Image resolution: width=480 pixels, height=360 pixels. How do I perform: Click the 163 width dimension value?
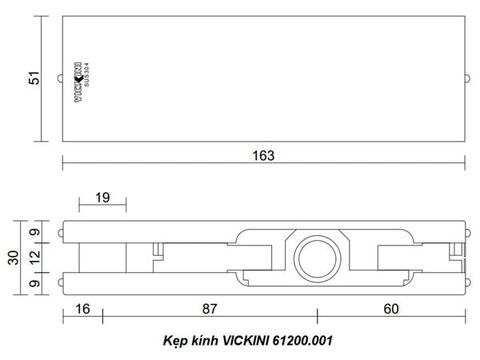(263, 156)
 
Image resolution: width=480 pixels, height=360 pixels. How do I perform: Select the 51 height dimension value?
(34, 78)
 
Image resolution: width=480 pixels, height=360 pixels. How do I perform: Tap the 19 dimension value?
(102, 198)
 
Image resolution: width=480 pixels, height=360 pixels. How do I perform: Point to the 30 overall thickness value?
(13, 258)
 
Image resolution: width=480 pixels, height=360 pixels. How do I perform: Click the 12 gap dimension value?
(35, 258)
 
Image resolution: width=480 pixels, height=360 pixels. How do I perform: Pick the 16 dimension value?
(83, 309)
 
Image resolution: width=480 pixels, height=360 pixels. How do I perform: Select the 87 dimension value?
(210, 309)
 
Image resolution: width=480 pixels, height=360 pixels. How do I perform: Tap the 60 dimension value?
(391, 309)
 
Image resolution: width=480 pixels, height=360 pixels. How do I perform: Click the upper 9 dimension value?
(35, 232)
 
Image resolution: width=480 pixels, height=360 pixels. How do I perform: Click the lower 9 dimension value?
(35, 284)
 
